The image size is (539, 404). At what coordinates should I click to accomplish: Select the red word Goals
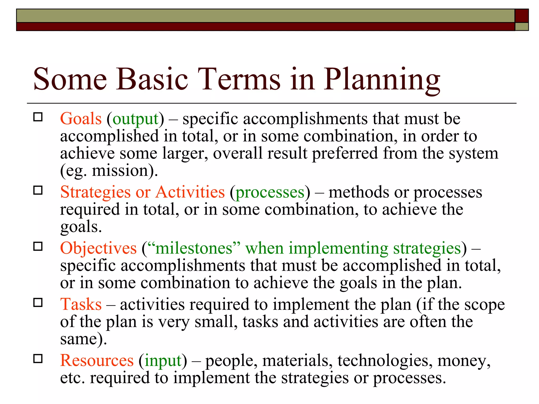coord(81,119)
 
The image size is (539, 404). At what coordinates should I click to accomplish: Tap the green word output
coord(136,119)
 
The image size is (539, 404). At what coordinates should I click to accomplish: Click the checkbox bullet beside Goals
coord(38,117)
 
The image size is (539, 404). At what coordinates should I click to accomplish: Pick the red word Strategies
coord(95,192)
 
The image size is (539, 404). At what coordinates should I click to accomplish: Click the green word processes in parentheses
coord(270,193)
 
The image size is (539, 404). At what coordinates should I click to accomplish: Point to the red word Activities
coord(190,192)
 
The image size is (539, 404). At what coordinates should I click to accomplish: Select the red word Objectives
coord(98,248)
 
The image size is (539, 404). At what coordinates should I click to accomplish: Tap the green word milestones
coord(194,248)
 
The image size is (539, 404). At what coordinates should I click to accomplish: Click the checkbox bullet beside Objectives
coord(38,246)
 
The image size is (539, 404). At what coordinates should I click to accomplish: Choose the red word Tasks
coord(81,304)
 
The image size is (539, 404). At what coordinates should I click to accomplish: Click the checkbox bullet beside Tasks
coord(38,303)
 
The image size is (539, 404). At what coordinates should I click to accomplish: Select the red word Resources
coord(97,360)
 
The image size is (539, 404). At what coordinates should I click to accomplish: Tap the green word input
coord(163,361)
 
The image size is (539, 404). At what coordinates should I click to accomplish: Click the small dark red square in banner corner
coord(521,16)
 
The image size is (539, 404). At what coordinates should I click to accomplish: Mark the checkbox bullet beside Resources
coord(38,358)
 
